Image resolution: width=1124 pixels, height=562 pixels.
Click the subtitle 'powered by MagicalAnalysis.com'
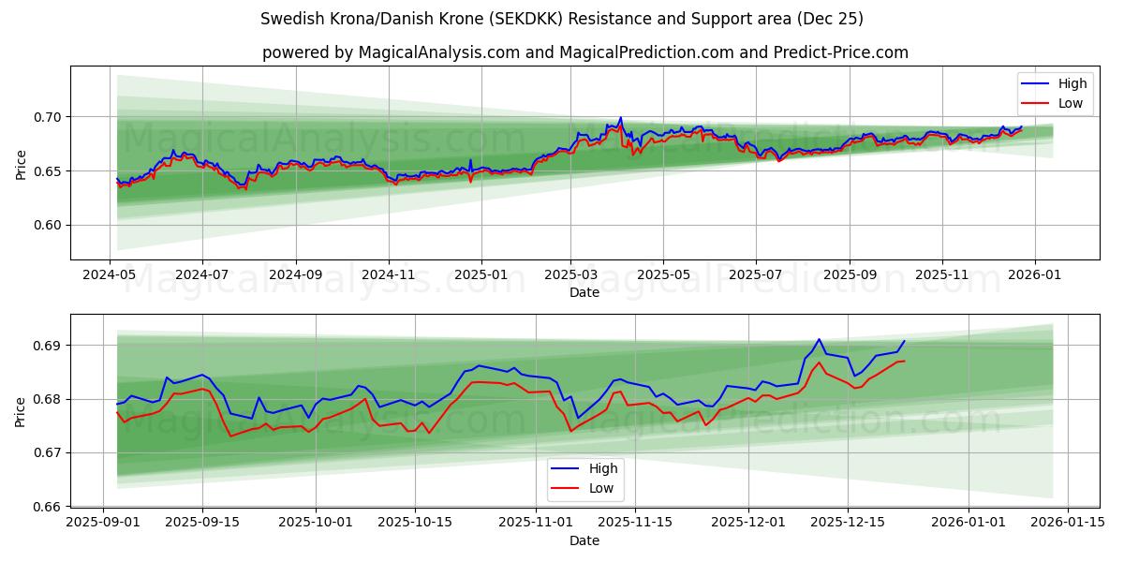tap(584, 52)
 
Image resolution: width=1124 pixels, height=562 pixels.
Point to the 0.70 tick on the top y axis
tap(48, 117)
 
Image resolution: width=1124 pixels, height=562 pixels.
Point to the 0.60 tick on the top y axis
tap(48, 225)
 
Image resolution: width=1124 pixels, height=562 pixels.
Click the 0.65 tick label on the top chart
tap(48, 171)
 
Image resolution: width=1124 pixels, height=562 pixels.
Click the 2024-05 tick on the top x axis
tap(111, 275)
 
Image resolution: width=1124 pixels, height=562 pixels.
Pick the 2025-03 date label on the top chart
tap(570, 275)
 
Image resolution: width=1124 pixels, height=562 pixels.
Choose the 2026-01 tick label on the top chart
tap(1034, 275)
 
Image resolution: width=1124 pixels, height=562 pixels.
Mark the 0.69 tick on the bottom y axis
tap(48, 346)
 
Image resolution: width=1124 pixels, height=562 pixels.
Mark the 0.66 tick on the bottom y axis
tap(48, 507)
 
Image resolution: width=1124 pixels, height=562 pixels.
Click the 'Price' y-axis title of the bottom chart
tap(21, 411)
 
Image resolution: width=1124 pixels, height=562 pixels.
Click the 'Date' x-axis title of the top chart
tap(584, 292)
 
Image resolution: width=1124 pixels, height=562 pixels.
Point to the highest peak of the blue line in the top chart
tap(620, 118)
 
